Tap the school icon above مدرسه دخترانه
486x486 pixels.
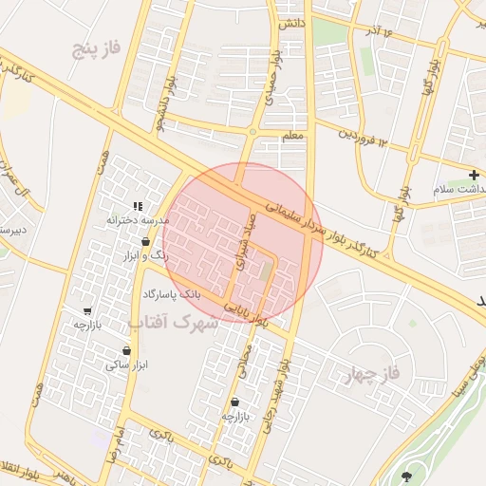tap(139, 205)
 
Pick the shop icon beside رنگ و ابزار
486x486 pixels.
tap(171, 241)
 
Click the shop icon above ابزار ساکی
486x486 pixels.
tap(127, 350)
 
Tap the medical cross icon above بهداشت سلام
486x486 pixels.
tap(474, 175)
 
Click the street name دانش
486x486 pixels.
tap(291, 23)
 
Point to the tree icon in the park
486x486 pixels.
tap(408, 476)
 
